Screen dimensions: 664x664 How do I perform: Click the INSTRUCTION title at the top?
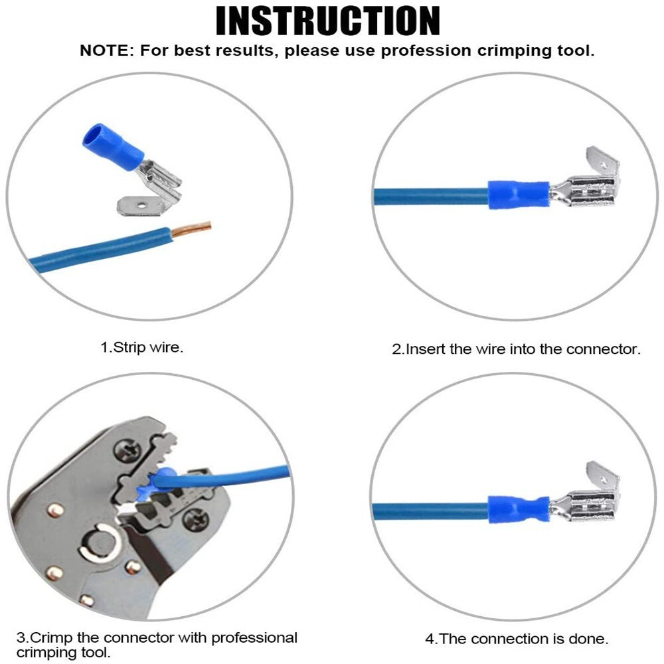click(328, 21)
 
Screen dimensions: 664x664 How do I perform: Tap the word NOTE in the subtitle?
click(104, 51)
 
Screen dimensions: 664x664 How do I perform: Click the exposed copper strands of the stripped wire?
click(191, 228)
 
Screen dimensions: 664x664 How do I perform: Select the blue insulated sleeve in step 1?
click(112, 144)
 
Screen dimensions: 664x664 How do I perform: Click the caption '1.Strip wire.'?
click(142, 347)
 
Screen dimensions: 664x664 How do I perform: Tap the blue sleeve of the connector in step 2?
click(519, 195)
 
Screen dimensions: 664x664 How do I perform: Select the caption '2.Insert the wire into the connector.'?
click(516, 349)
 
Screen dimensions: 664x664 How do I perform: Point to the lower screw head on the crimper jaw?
click(195, 519)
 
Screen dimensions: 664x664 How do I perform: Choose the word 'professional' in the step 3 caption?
click(254, 637)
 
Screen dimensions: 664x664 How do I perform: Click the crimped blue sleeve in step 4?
click(519, 509)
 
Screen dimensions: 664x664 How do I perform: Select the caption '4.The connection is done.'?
click(517, 639)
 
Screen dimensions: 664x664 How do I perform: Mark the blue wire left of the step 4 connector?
click(430, 511)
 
